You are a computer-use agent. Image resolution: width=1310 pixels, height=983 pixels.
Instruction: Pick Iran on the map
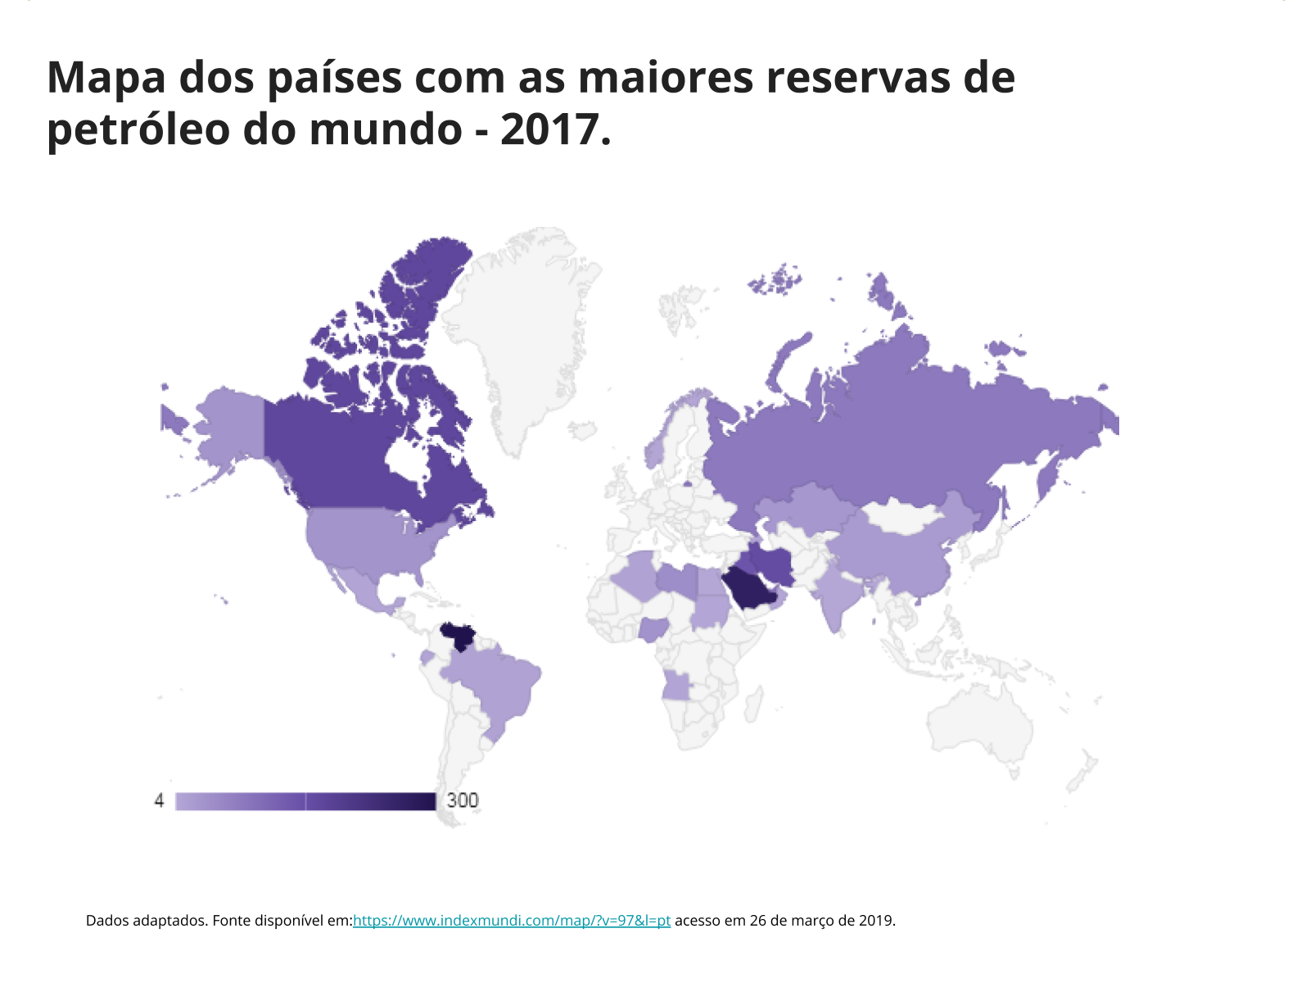(774, 564)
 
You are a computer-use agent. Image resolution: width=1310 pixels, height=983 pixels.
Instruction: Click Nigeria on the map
(653, 630)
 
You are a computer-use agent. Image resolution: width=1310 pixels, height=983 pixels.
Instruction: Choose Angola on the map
(678, 686)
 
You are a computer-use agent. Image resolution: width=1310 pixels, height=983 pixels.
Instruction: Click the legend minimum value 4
(159, 800)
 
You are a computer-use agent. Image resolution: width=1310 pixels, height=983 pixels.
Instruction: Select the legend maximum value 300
(463, 800)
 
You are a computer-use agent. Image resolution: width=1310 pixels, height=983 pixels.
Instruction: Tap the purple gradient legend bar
(305, 801)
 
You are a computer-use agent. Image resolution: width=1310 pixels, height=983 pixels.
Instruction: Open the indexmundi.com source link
(512, 921)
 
